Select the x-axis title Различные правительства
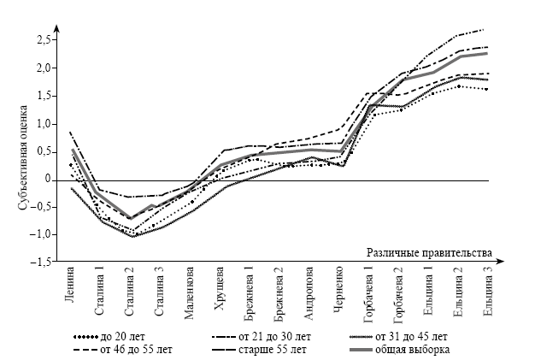430,253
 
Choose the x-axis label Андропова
309,292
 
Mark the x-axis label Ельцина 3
488,291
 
